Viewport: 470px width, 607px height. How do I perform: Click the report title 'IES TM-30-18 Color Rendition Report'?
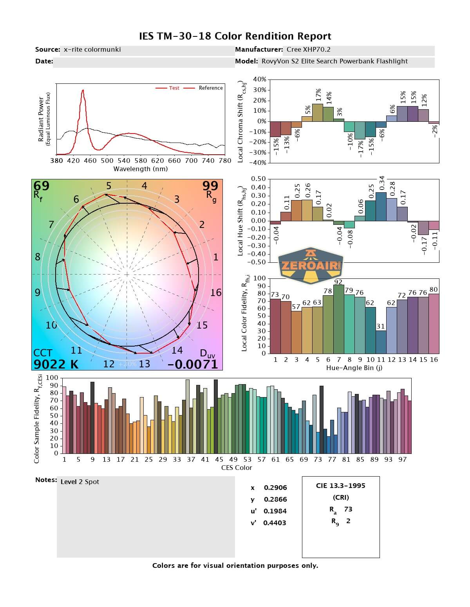click(x=235, y=36)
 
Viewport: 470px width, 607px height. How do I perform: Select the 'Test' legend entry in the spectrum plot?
click(x=174, y=88)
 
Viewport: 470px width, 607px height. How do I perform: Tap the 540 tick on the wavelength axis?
click(x=124, y=161)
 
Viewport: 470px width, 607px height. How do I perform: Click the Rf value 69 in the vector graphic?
click(x=42, y=186)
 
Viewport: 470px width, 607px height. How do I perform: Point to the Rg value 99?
click(x=210, y=186)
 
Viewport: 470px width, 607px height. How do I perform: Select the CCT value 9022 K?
click(x=56, y=364)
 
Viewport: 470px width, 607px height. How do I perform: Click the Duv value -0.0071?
click(x=192, y=364)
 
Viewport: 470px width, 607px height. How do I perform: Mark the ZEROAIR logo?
click(x=311, y=266)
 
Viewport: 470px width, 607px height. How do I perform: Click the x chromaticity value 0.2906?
click(x=275, y=488)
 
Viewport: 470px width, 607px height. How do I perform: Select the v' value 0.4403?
click(x=275, y=523)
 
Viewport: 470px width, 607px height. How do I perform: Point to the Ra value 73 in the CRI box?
click(x=348, y=509)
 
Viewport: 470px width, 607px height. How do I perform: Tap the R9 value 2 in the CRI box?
click(x=348, y=521)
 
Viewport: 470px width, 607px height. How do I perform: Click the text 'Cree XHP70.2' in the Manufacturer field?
click(x=308, y=49)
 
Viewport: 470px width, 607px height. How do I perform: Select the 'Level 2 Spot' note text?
click(x=80, y=482)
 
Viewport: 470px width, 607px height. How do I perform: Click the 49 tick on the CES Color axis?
click(x=233, y=459)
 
